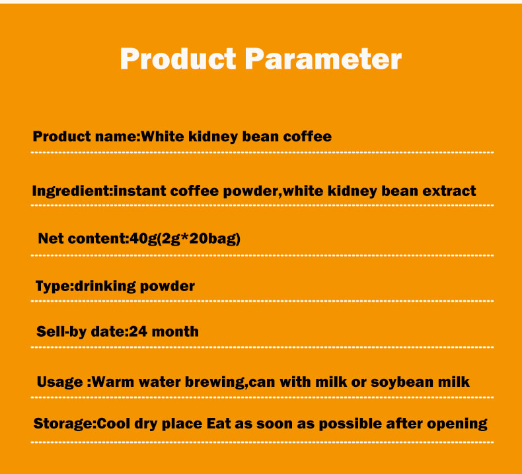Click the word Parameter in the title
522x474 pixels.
click(x=323, y=59)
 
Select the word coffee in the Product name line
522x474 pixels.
click(x=307, y=137)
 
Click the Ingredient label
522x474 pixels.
click(x=71, y=191)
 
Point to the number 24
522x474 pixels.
click(x=138, y=331)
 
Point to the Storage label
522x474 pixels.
click(x=63, y=424)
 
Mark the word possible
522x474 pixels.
click(x=354, y=424)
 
